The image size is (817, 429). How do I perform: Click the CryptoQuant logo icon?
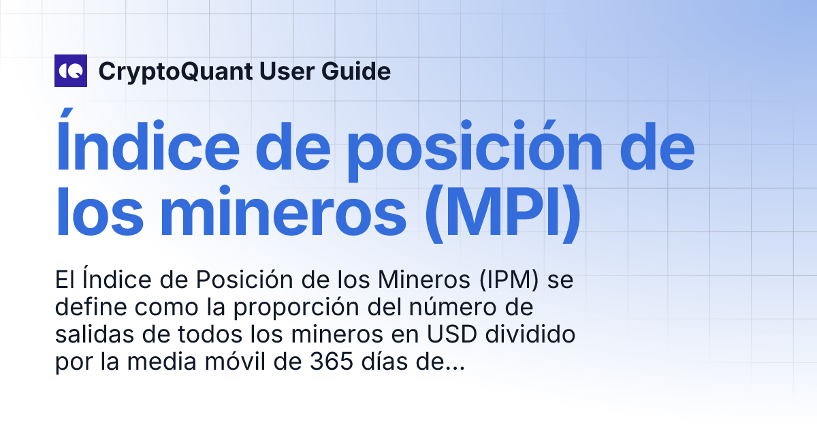pyautogui.click(x=71, y=71)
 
